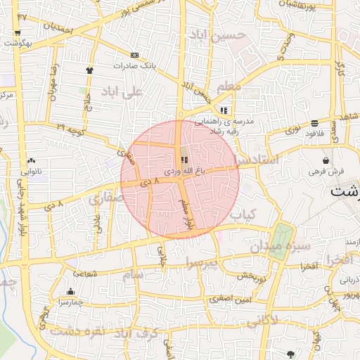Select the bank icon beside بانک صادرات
point(134,55)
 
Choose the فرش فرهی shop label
point(326,171)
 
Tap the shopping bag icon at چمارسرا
point(70,292)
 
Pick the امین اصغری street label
point(229,299)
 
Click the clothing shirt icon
point(89,70)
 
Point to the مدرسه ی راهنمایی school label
point(233,120)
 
